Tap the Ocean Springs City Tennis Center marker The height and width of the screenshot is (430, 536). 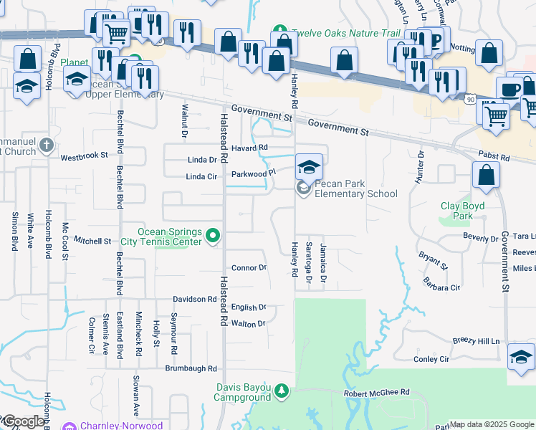pos(213,235)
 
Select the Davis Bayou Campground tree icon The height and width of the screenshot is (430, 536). pos(282,391)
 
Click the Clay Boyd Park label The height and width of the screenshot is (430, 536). pos(456,211)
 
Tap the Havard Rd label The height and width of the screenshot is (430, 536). pos(254,148)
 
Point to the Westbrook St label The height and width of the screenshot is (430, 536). pos(84,156)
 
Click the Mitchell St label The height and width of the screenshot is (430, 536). pos(93,242)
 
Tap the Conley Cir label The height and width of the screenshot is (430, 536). pos(431,359)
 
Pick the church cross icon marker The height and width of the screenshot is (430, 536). pos(47,146)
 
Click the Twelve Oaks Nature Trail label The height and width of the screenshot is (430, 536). pos(330,34)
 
